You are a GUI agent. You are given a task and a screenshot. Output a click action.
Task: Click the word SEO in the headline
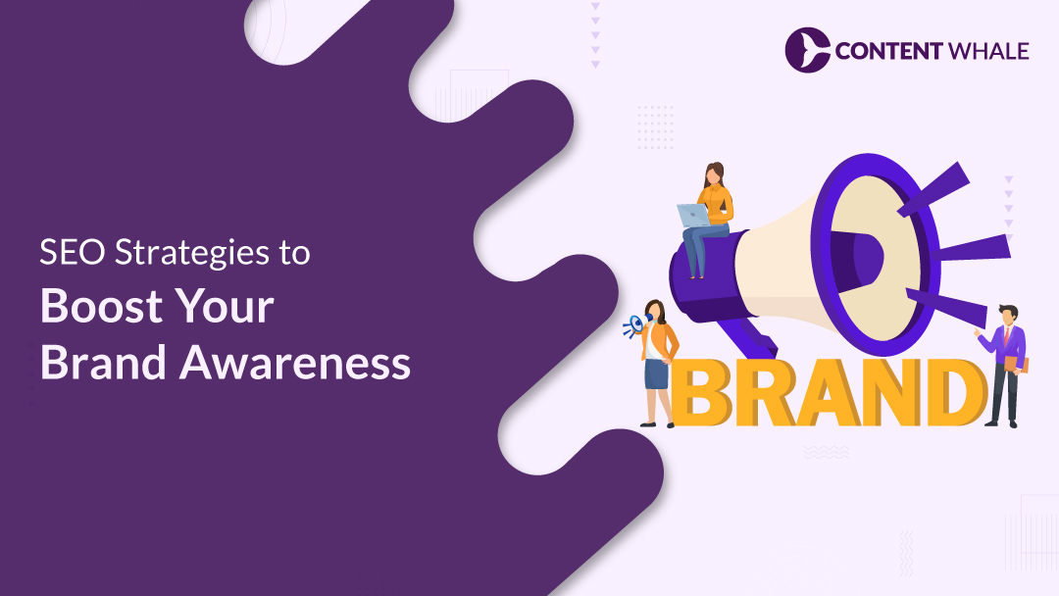(73, 253)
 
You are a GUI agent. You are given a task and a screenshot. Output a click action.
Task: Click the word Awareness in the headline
(295, 363)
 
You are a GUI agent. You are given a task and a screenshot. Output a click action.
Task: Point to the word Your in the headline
(225, 307)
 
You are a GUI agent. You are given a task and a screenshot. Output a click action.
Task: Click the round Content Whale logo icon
(808, 50)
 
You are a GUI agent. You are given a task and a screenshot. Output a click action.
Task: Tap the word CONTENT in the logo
(888, 51)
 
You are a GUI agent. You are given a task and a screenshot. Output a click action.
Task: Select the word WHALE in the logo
(988, 51)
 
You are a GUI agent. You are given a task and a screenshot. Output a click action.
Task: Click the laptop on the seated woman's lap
(693, 216)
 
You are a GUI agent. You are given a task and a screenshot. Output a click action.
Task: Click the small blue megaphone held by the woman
(634, 326)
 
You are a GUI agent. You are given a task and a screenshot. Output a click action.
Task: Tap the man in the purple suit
(1004, 366)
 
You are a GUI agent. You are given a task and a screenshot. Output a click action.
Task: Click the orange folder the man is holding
(1017, 365)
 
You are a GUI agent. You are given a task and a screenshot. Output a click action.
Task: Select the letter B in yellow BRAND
(702, 392)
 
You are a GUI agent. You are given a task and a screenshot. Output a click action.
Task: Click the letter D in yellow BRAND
(954, 392)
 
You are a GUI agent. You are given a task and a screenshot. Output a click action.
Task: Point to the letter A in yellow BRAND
(828, 392)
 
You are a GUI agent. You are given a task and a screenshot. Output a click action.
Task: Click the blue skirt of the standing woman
(656, 373)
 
